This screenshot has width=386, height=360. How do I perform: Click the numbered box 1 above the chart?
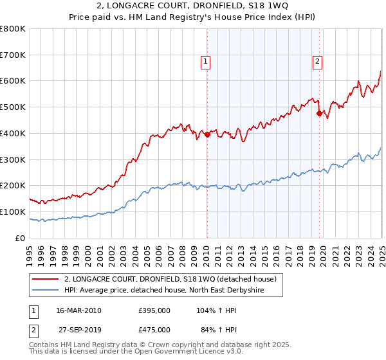[205, 62]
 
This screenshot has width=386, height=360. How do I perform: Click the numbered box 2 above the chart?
[318, 62]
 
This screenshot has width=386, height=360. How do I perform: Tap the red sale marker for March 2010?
[207, 134]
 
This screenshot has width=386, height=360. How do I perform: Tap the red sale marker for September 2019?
[319, 113]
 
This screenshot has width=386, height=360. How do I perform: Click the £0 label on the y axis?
[21, 238]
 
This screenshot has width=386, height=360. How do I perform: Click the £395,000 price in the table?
[154, 310]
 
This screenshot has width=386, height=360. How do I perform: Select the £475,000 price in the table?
[154, 330]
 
